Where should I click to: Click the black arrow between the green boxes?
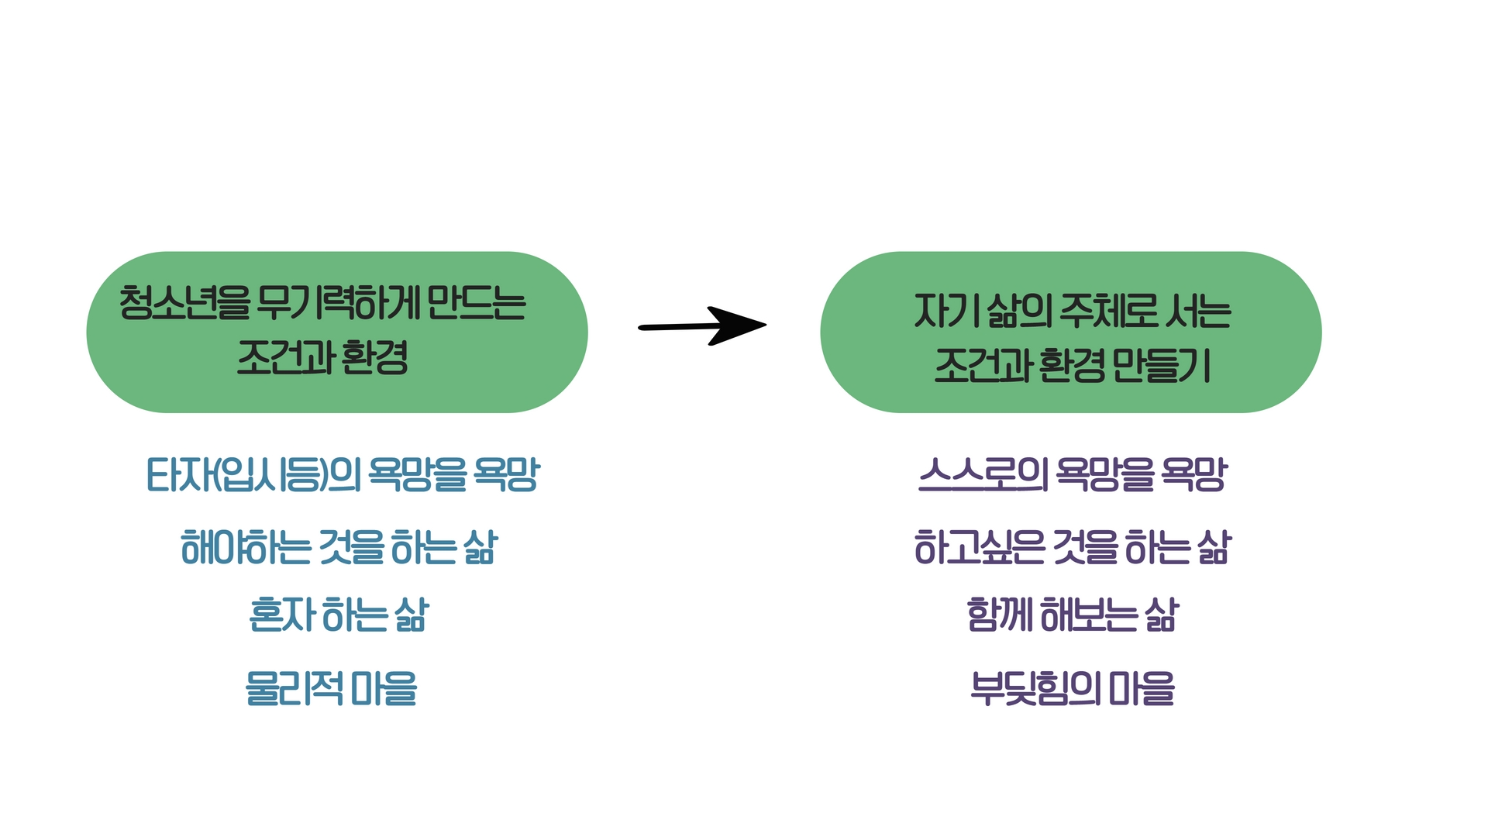[x=702, y=326]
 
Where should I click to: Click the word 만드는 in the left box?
[x=476, y=302]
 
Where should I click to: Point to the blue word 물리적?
[x=294, y=688]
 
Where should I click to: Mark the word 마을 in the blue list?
[x=384, y=688]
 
